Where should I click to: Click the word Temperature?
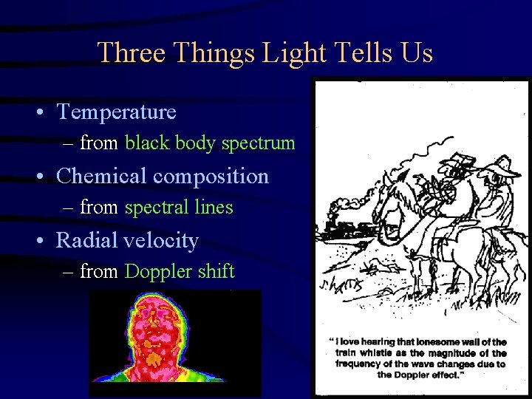pos(117,112)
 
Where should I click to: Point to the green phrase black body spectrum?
pos(210,143)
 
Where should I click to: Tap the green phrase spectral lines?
pos(179,208)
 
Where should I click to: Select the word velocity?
pos(163,240)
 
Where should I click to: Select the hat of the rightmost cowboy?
pos(502,164)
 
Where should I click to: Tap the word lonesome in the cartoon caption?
pos(438,341)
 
